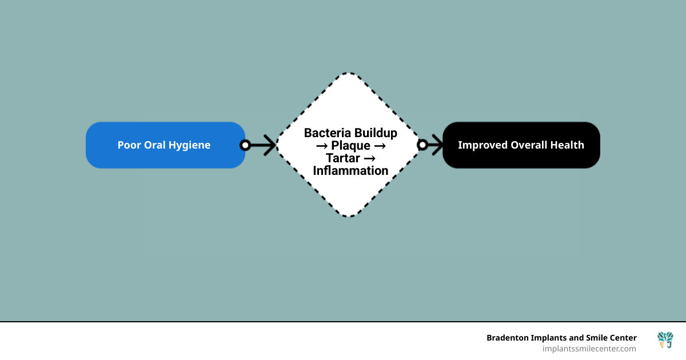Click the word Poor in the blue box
point(128,145)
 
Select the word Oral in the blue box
point(153,145)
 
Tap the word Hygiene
point(189,145)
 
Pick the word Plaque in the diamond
point(350,146)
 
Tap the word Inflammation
point(350,171)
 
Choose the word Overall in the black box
point(525,145)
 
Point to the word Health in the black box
point(566,145)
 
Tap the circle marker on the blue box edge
point(245,145)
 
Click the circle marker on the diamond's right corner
point(422,145)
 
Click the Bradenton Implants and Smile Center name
point(561,338)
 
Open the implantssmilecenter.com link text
point(589,349)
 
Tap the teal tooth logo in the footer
point(665,340)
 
